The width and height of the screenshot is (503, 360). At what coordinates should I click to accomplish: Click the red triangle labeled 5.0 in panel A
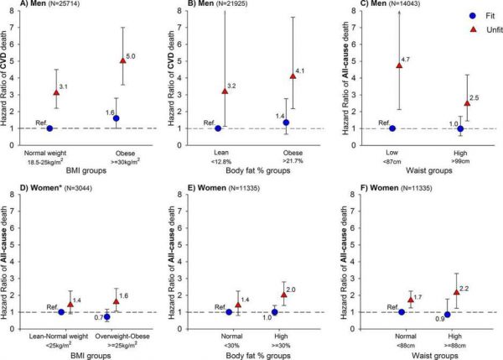tap(123, 60)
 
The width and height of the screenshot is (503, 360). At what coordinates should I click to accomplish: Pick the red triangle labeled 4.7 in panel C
tap(399, 65)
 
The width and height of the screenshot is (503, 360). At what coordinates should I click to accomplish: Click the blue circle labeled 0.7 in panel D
tap(107, 317)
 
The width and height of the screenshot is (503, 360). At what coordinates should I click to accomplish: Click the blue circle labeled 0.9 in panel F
tap(448, 314)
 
